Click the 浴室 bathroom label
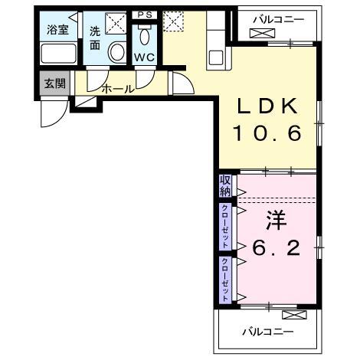pos(57,31)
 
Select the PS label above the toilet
pos(143,15)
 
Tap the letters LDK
pos(267,106)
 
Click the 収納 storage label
pos(225,185)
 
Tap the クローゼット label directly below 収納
pos(225,224)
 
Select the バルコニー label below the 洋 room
pos(268,332)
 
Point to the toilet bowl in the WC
pos(143,38)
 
